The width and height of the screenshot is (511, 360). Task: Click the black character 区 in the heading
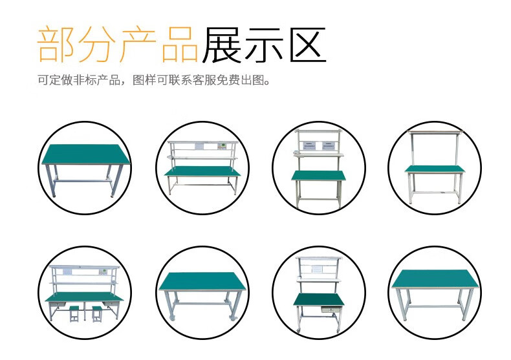coord(305,45)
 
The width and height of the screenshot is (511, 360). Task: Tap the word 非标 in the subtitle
coord(80,81)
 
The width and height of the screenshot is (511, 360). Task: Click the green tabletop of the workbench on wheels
coord(202,281)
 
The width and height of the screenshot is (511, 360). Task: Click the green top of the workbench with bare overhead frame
coord(434,169)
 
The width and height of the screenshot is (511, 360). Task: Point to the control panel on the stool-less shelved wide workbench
coord(222,145)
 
